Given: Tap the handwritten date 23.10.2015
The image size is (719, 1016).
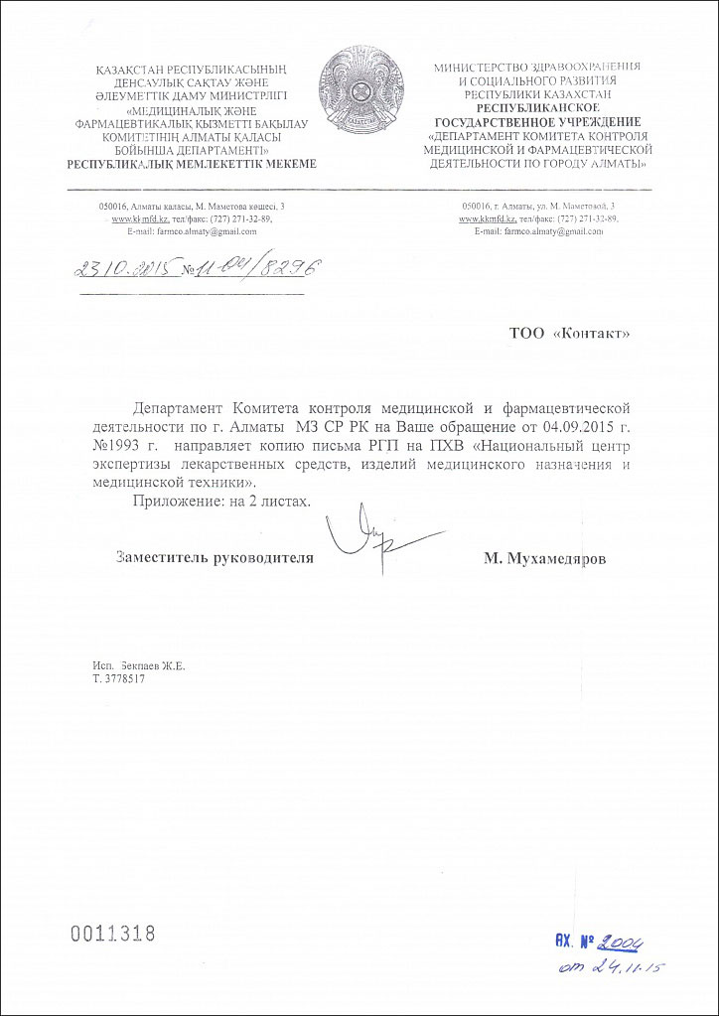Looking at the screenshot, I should click(x=125, y=269).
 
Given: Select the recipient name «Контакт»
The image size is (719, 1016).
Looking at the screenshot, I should click(x=591, y=334).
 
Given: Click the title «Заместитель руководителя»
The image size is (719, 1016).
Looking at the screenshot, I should click(x=215, y=558).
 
